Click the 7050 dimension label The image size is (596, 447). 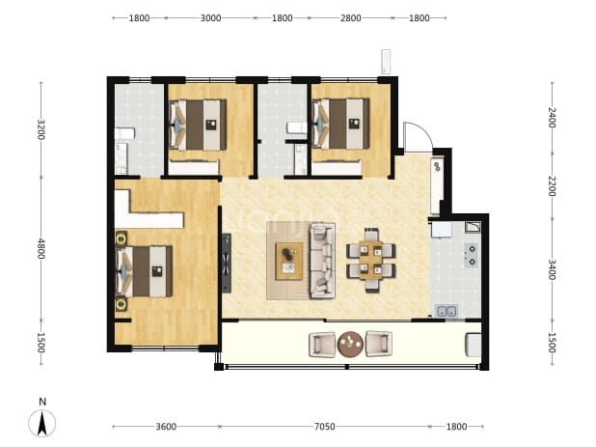pos(324,427)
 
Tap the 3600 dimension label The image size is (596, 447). pos(166,427)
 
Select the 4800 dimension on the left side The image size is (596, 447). pos(41,248)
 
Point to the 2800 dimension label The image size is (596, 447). pos(350,18)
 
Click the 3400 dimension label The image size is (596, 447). pos(552,269)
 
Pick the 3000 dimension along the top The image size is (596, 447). pos(210,18)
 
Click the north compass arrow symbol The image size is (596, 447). pos(41,423)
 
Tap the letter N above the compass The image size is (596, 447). pos(42,402)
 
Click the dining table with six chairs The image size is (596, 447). pos(371,261)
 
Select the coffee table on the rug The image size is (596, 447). pos(289,261)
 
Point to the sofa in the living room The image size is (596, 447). pos(322,261)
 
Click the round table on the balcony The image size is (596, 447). pos(350,345)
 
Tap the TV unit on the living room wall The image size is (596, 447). pos(227,263)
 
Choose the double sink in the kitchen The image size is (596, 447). pos(447,311)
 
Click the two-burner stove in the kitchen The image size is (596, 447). pos(472,256)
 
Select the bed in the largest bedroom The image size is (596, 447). pos(144,271)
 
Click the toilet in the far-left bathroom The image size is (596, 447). pos(124,133)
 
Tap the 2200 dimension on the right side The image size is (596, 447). pos(552,186)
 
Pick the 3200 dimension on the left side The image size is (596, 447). pos(41,129)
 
